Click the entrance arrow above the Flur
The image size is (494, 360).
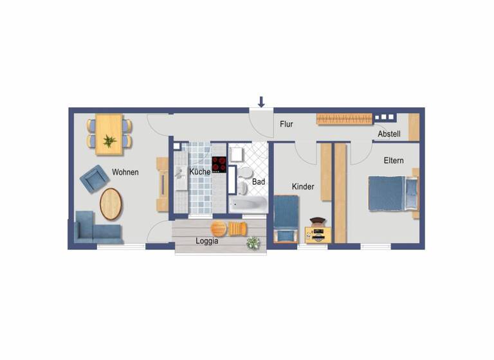261,101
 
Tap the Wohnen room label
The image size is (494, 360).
125,172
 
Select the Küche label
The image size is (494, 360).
199,172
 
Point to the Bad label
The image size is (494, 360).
259,182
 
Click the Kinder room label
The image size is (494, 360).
303,186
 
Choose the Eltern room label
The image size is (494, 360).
394,160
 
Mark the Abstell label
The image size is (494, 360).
389,134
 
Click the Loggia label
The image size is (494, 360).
206,242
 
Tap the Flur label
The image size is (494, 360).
286,125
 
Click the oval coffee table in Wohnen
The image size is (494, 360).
111,204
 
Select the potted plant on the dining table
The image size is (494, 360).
109,140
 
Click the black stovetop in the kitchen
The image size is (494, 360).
219,165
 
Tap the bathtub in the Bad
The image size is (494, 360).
248,204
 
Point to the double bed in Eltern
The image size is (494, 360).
390,194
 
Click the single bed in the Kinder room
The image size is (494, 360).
285,216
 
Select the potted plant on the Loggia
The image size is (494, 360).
253,242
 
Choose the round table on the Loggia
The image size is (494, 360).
219,228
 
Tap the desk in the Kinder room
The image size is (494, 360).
318,234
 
